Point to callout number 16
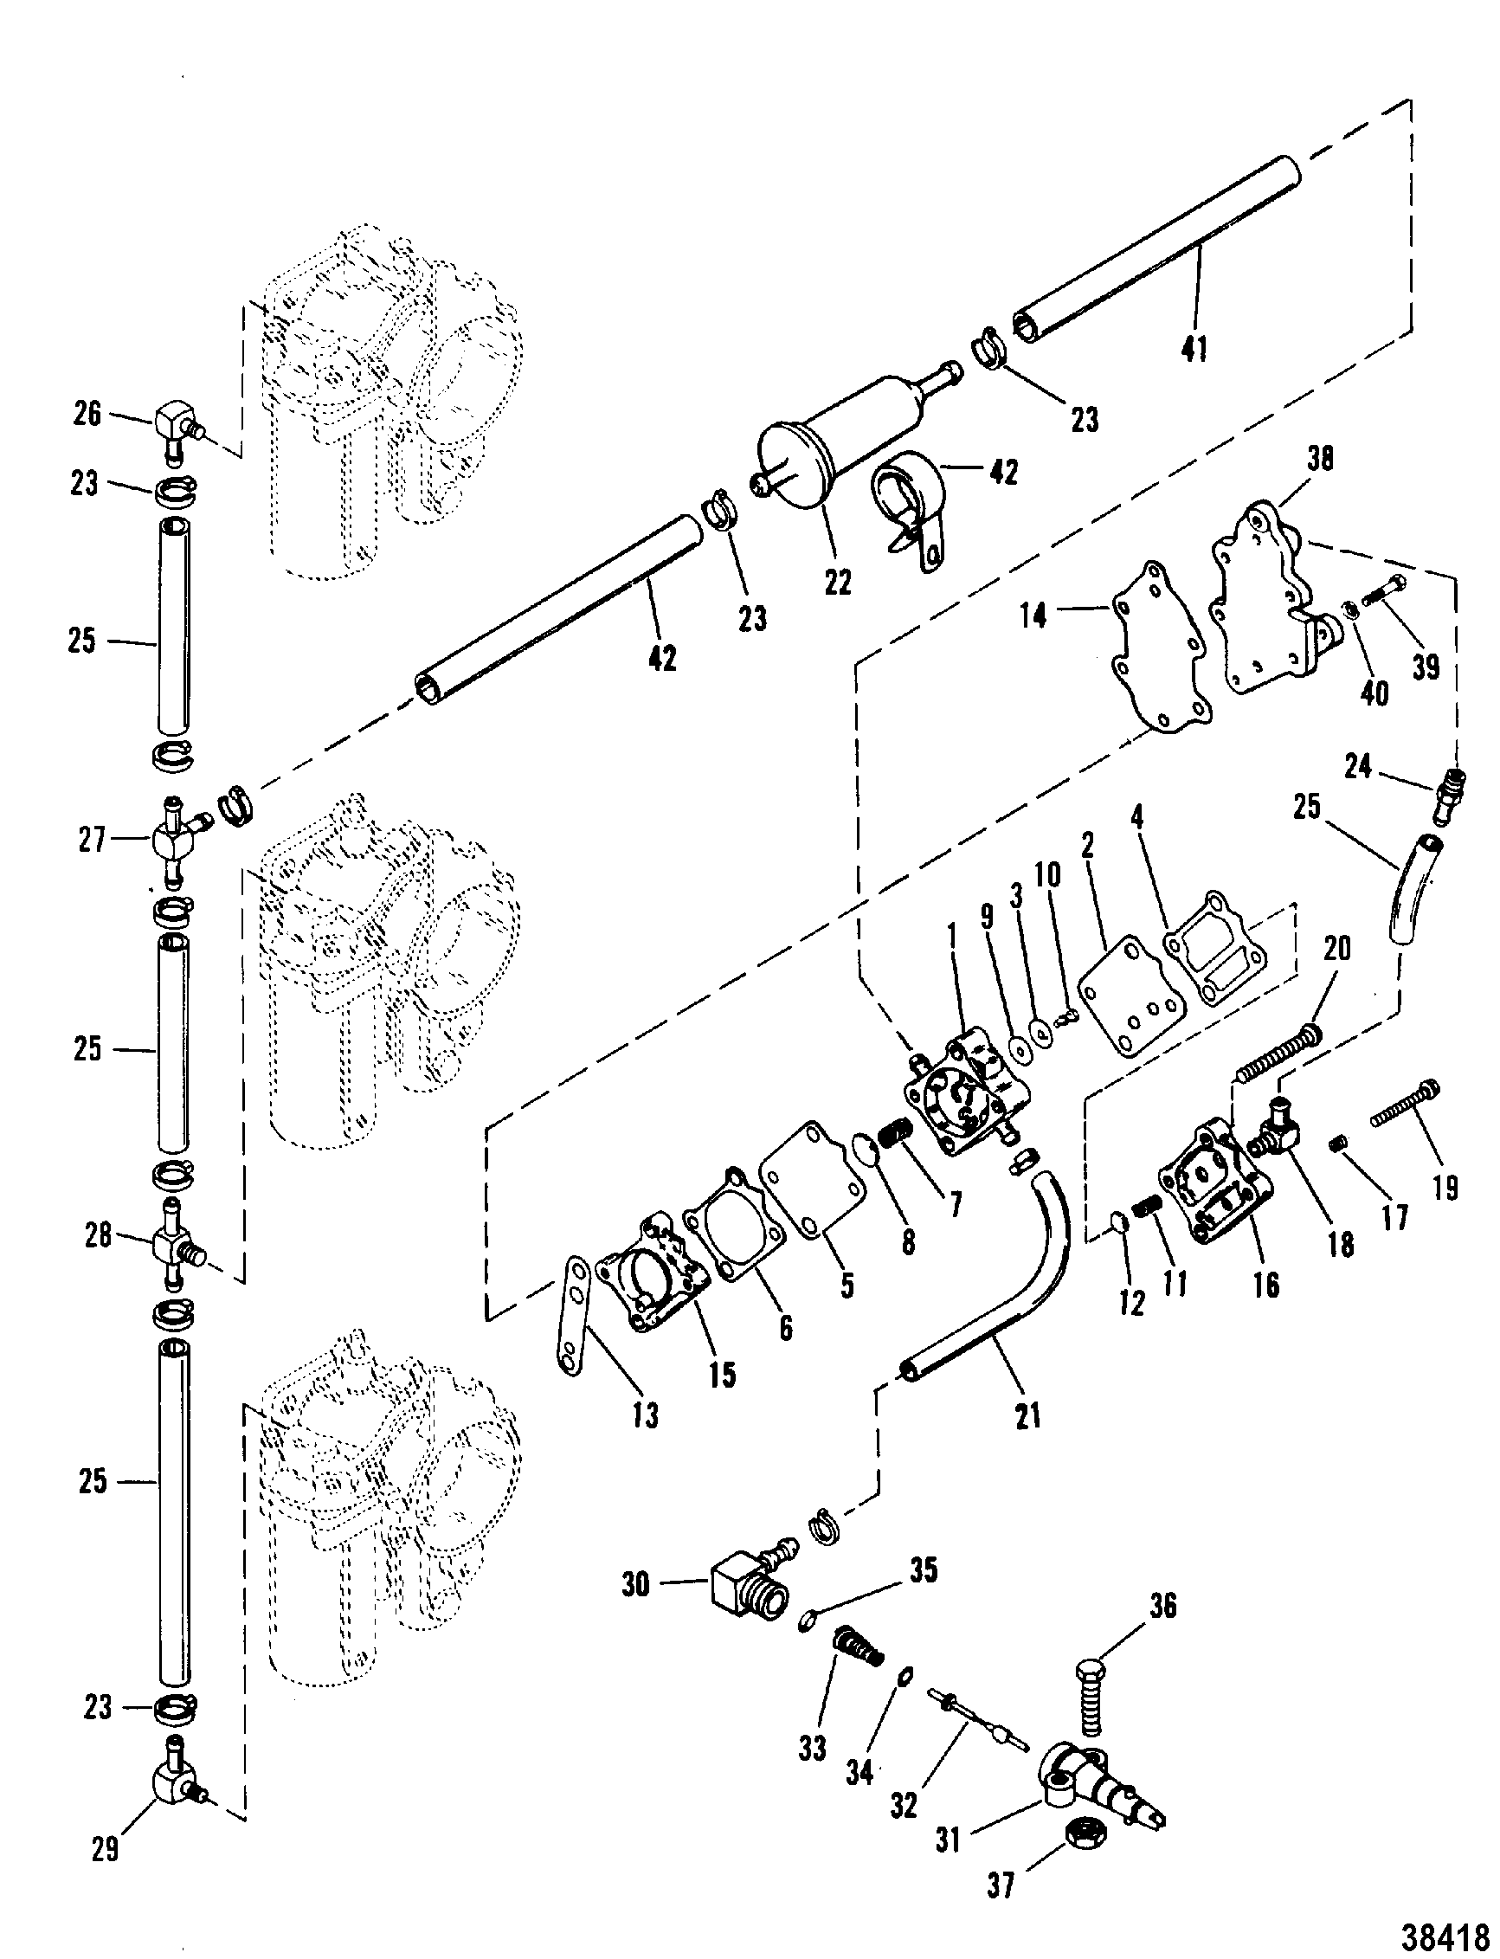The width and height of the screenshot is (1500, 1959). (1266, 1285)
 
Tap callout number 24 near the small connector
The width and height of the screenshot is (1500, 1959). (1357, 765)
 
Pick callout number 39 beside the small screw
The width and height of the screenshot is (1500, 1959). (1426, 666)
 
